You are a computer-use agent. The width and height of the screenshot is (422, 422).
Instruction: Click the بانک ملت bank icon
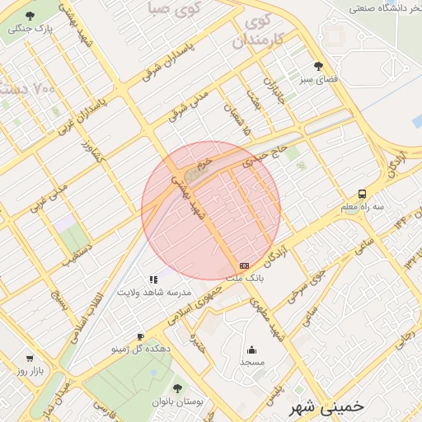(244, 265)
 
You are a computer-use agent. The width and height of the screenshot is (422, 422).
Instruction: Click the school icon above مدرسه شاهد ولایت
(153, 279)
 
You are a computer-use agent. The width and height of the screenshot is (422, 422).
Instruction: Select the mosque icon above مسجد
(251, 349)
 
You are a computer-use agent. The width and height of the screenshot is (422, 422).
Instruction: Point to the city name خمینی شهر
(327, 406)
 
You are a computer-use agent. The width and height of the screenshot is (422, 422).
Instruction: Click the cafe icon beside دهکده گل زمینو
(140, 336)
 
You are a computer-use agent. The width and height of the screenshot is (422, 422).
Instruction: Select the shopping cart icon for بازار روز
(30, 359)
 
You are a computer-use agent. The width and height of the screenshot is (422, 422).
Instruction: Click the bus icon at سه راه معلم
(363, 195)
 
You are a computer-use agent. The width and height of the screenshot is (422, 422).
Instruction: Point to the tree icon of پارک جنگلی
(30, 16)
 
